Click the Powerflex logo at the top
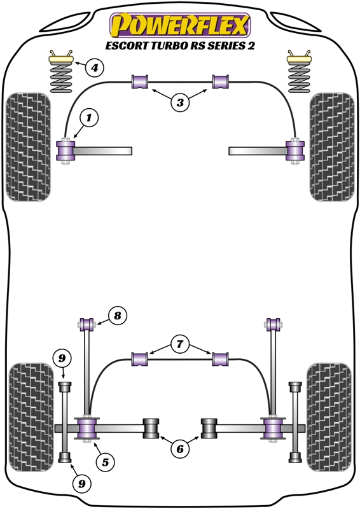coord(180,25)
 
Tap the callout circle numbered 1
coord(88,118)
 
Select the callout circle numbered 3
coord(180,102)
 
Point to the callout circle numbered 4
coord(94,68)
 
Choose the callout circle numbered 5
coord(105,462)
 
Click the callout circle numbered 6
coord(180,449)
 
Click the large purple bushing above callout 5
coord(87,428)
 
